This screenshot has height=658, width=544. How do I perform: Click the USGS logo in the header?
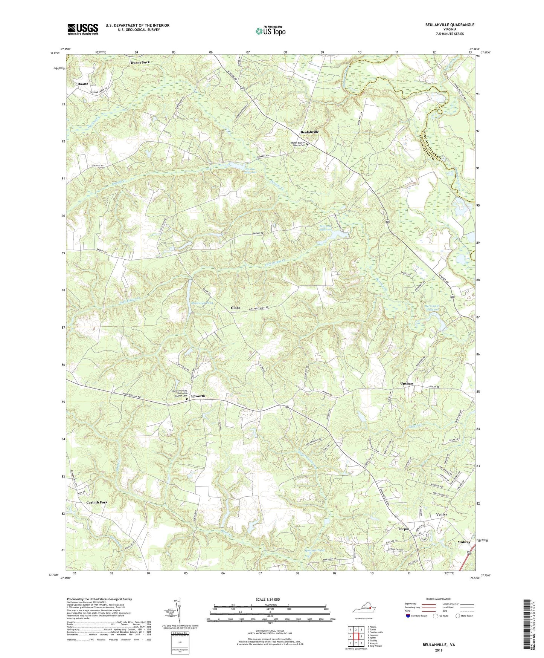[x=83, y=29]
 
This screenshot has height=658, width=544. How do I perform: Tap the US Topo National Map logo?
[x=270, y=31]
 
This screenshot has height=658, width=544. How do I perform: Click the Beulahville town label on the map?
[x=309, y=132]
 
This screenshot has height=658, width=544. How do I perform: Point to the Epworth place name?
[x=198, y=396]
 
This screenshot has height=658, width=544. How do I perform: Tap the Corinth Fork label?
[x=97, y=502]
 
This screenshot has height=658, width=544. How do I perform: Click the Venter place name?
[x=441, y=514]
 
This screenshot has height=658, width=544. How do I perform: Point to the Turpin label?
[x=404, y=529]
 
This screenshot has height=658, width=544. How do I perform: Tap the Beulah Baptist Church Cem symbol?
[x=307, y=144]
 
